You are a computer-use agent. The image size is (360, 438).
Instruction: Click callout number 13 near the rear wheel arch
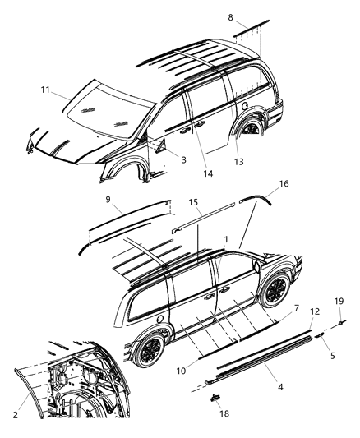tap(333, 356)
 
